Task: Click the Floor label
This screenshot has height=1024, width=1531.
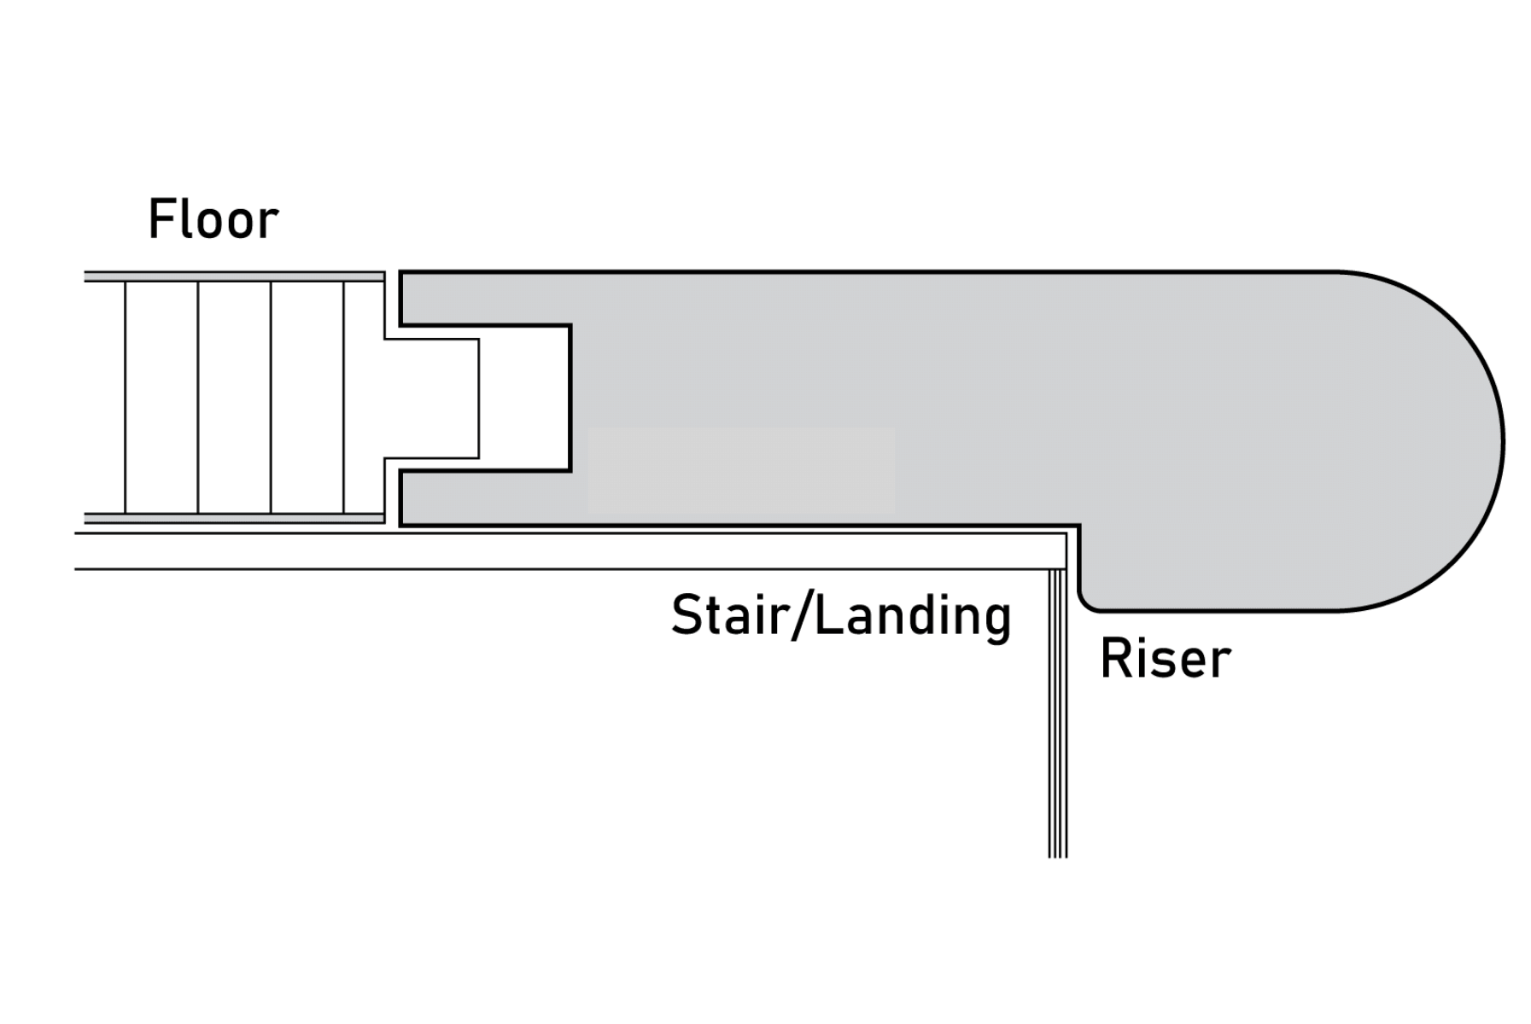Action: [x=213, y=219]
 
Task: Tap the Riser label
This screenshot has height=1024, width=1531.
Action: [x=1165, y=658]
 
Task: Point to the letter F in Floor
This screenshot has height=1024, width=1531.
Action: [x=161, y=219]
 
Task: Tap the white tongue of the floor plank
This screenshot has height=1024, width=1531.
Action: [x=431, y=399]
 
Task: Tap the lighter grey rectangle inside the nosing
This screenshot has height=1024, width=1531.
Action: [x=741, y=469]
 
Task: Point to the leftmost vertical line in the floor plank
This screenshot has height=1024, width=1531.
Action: [x=126, y=397]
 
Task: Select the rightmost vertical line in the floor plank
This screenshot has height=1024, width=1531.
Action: [x=344, y=397]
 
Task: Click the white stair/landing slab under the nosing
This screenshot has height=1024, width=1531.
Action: [x=564, y=551]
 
